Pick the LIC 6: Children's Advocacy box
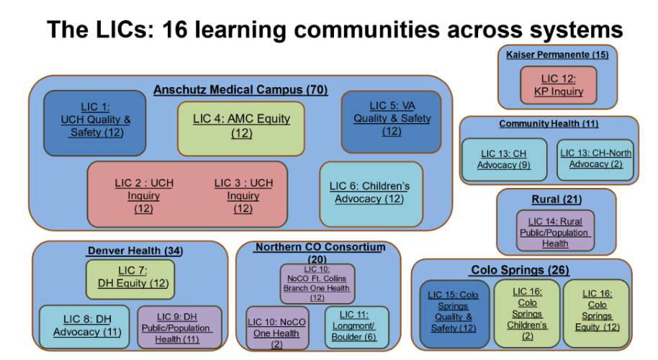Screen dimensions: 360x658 pos(370,193)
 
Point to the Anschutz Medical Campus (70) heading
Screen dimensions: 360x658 pos(240,90)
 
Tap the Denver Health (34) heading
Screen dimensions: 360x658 pos(135,251)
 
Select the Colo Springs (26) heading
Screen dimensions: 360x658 pos(519,270)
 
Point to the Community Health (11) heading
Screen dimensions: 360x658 pos(548,124)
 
